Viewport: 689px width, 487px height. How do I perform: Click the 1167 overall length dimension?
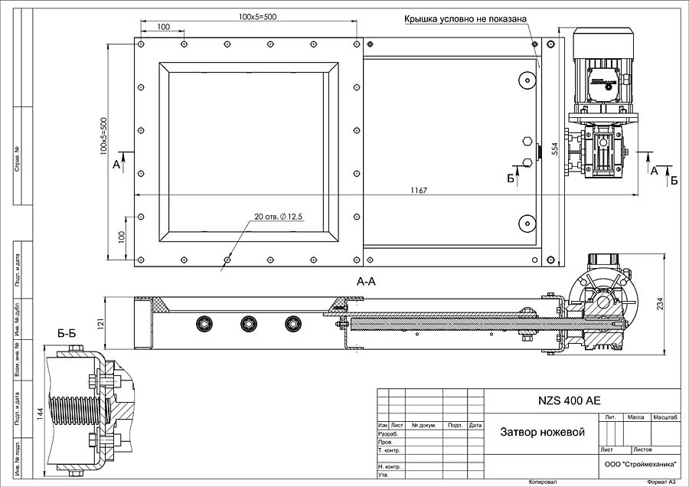pos(418,190)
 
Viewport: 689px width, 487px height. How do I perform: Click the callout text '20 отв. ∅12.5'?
pos(279,217)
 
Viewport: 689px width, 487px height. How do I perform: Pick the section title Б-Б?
pos(67,333)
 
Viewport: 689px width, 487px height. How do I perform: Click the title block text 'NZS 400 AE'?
pos(570,400)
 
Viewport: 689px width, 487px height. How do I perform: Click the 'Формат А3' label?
pos(661,482)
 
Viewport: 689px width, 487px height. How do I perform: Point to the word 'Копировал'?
pos(541,482)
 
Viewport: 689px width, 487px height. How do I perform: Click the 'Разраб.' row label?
pos(389,433)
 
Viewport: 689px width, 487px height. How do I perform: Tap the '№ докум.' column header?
pos(423,425)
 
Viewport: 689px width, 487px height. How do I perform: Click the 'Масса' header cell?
pos(635,417)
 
